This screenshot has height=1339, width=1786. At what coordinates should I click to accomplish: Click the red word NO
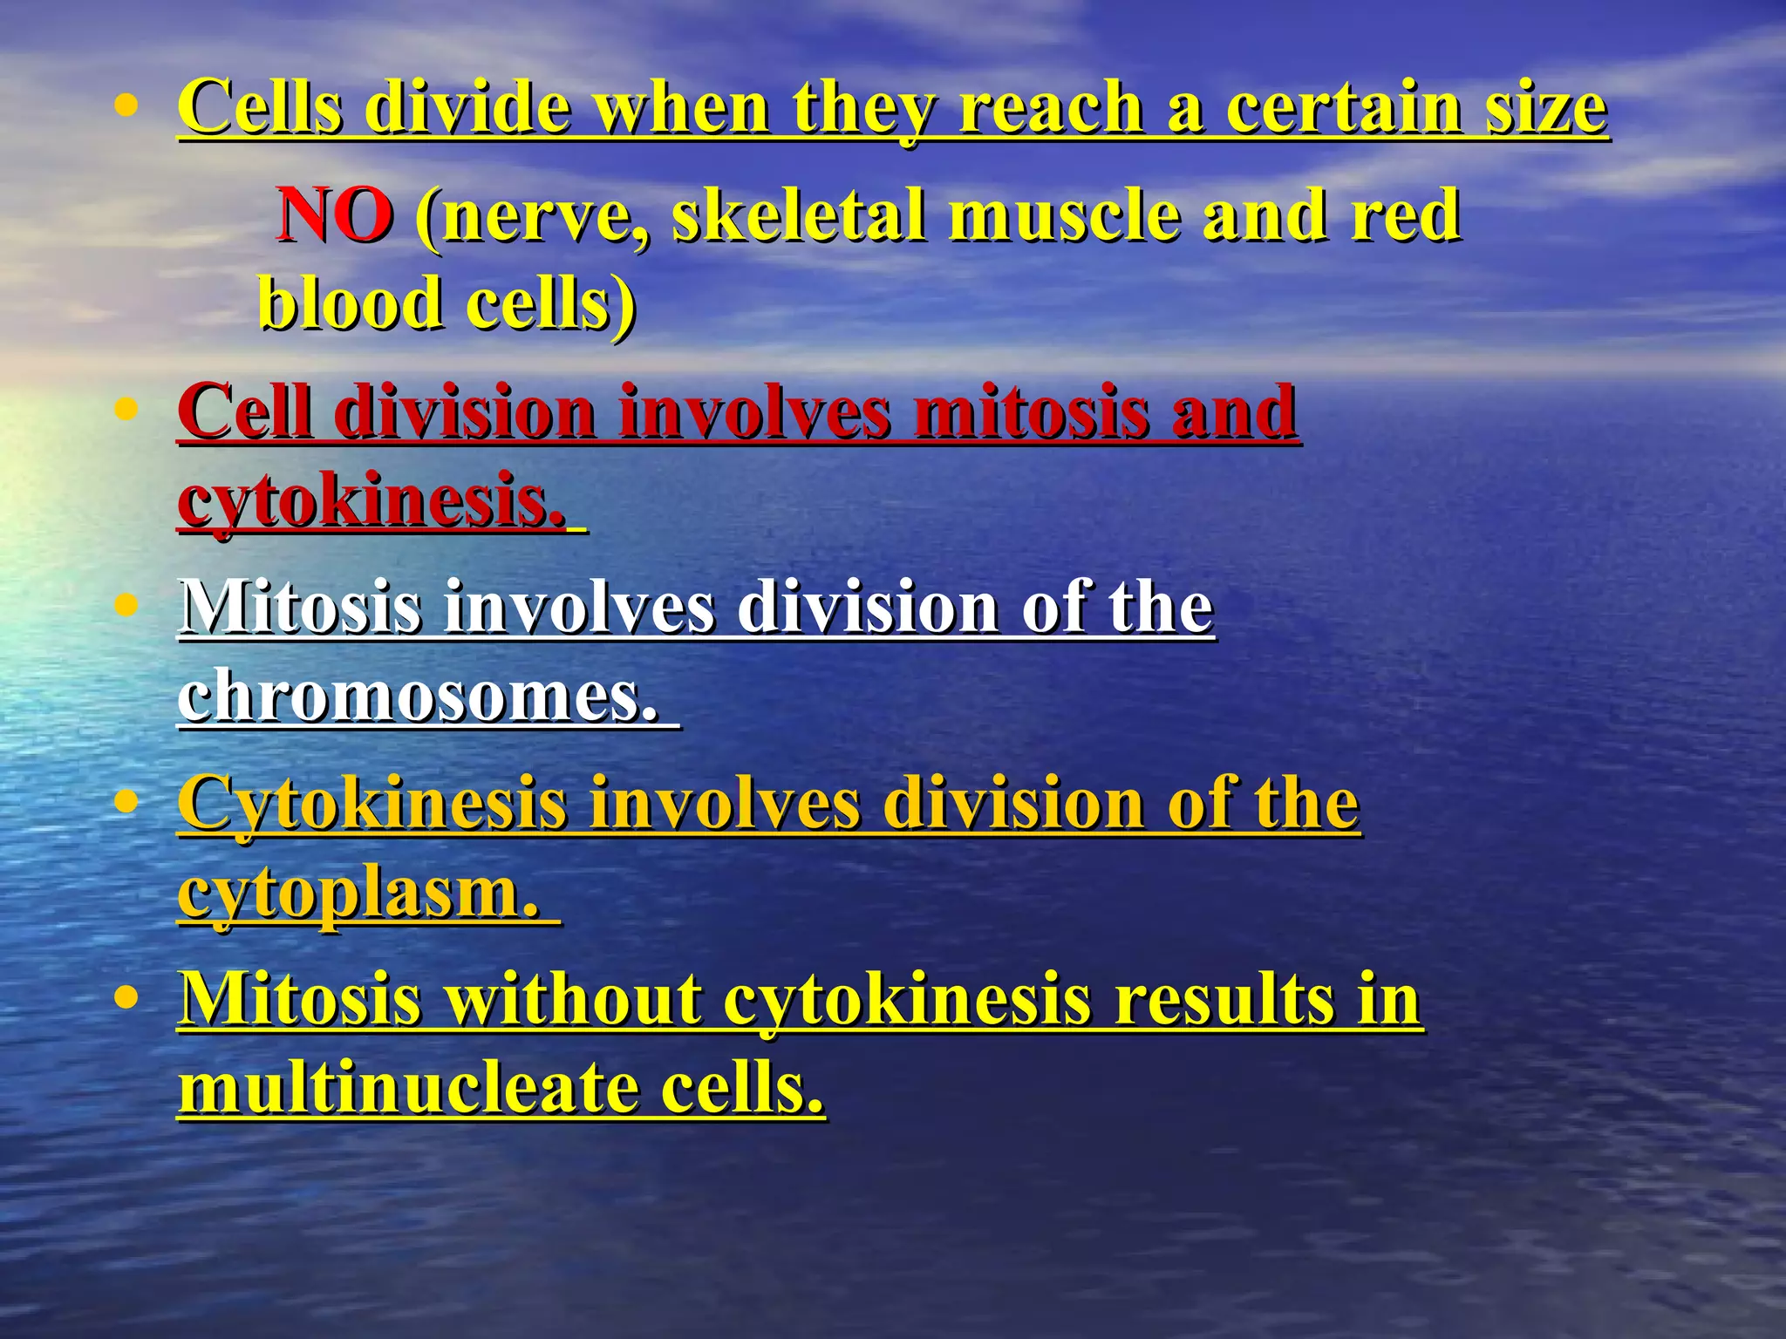[x=335, y=215]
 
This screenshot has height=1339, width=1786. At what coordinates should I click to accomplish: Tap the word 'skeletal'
[x=798, y=215]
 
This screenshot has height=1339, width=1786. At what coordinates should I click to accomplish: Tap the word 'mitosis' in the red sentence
[x=1030, y=411]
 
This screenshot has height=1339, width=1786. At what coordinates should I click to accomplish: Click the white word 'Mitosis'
[x=301, y=606]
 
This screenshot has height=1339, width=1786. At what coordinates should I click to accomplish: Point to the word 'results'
[x=1213, y=998]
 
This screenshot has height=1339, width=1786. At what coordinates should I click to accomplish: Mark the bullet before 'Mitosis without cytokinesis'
[x=127, y=996]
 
